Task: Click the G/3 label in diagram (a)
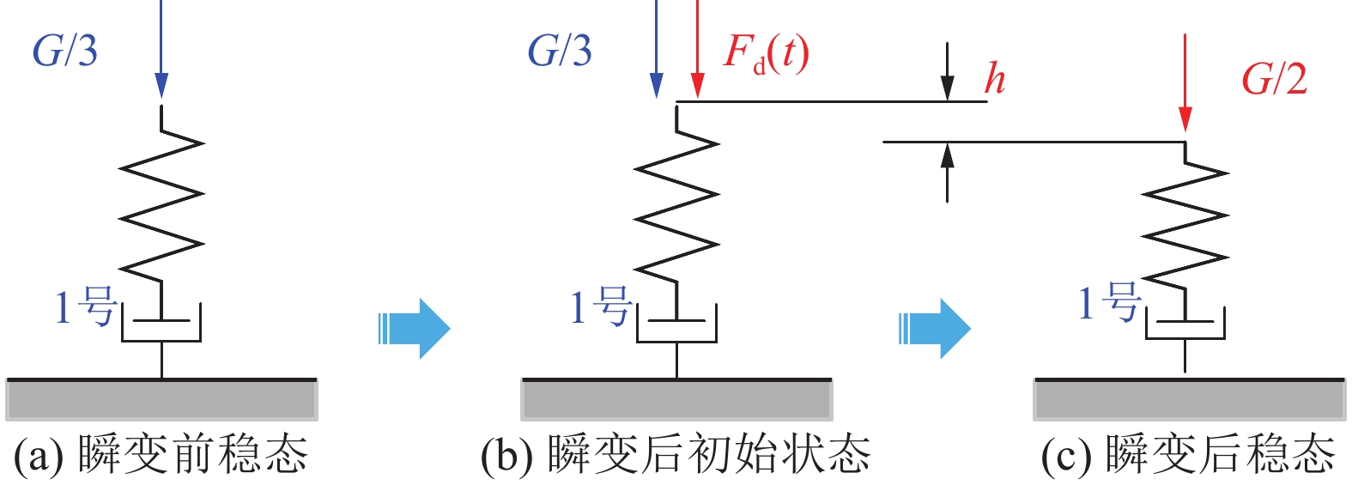tap(65, 52)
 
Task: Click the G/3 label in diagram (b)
tap(560, 52)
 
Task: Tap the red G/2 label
tap(1274, 80)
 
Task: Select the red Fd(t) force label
tap(766, 53)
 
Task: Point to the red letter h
tap(994, 79)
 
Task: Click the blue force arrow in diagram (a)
tap(161, 52)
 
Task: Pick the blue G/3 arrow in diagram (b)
tap(657, 52)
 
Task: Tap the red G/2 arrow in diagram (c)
tap(1185, 86)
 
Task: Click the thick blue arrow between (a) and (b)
tap(415, 328)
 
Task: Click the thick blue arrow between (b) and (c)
tap(935, 328)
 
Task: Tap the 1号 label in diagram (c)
tap(1108, 303)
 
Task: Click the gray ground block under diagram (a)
tap(161, 399)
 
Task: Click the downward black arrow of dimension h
tap(947, 73)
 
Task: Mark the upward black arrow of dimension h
tap(947, 172)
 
